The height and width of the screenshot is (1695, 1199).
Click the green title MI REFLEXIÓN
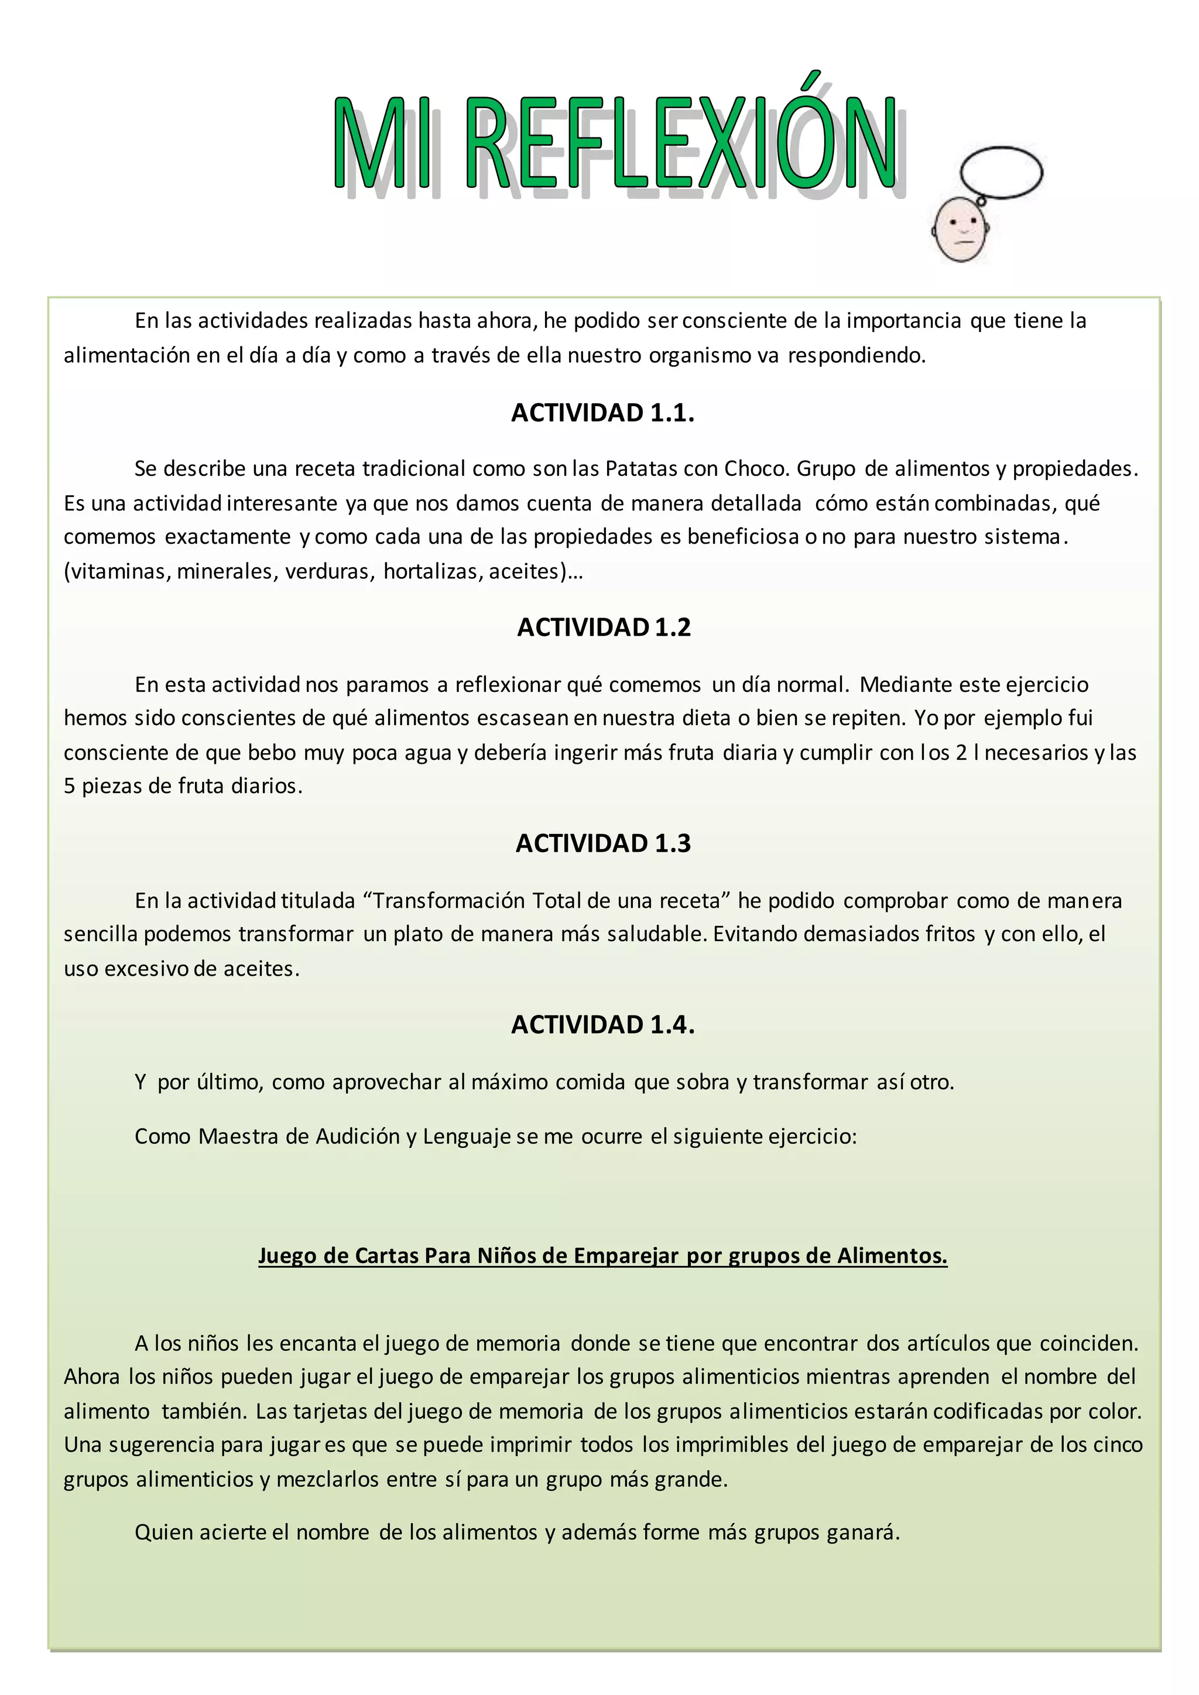(x=615, y=144)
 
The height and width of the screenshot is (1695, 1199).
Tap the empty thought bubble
(x=1001, y=173)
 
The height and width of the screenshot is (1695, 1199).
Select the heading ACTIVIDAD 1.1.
(x=602, y=413)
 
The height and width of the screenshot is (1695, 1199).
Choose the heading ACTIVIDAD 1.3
(x=602, y=843)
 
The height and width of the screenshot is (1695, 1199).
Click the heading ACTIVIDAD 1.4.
(x=602, y=1025)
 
